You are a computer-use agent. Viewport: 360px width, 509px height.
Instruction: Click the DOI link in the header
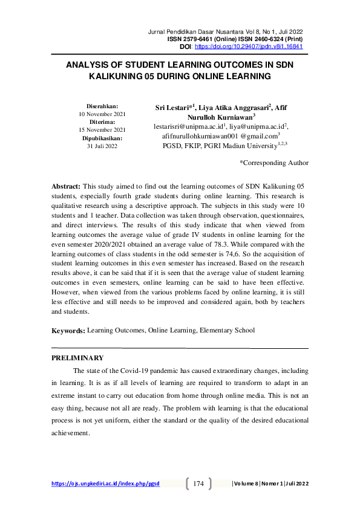tap(248, 47)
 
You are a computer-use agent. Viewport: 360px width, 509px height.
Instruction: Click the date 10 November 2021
tap(102, 114)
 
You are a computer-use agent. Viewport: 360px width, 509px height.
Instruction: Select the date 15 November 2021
tap(102, 129)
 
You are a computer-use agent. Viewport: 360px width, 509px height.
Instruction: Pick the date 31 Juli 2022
tap(102, 146)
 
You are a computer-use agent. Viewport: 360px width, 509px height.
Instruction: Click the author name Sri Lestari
tap(172, 108)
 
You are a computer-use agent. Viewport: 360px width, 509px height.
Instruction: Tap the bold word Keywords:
tap(68, 331)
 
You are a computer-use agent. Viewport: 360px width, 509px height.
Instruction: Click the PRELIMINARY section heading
tap(77, 358)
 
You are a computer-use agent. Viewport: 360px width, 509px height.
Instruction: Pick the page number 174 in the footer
tap(198, 484)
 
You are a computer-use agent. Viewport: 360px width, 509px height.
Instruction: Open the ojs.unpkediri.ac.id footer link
tap(105, 484)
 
